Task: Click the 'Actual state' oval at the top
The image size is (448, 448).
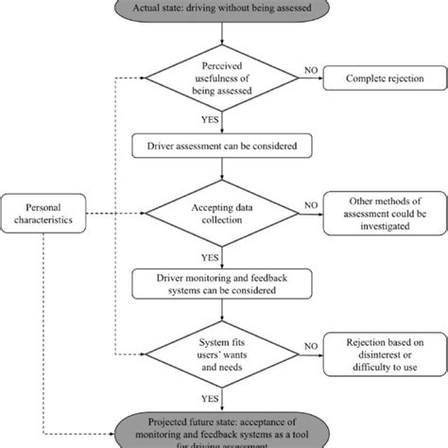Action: (221, 9)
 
